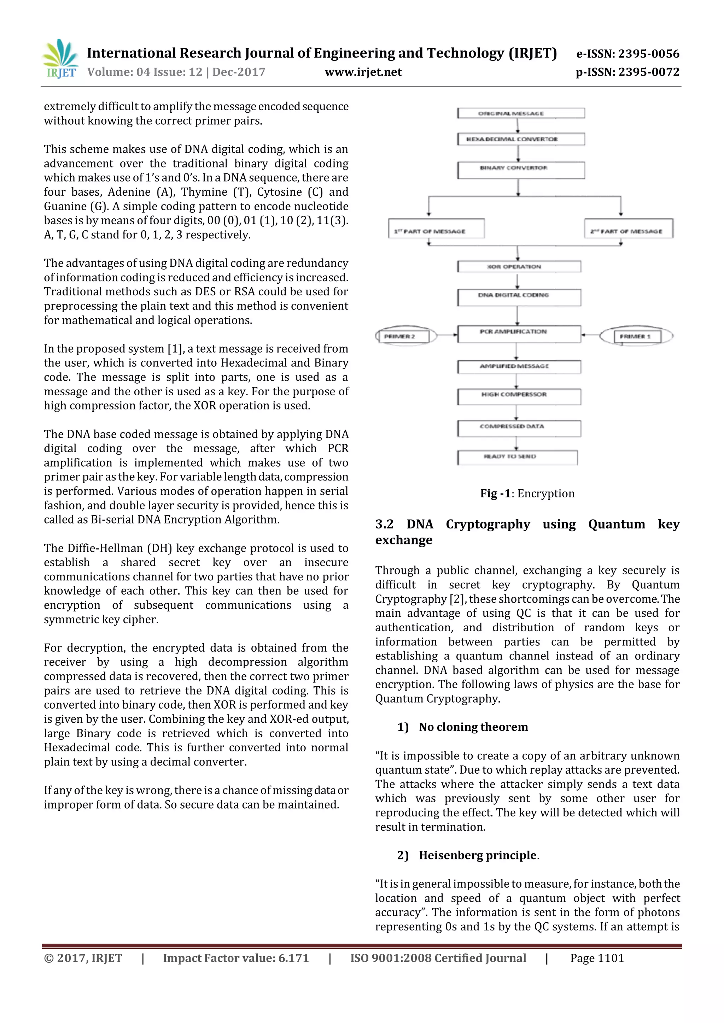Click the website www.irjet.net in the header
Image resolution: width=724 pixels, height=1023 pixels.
click(363, 72)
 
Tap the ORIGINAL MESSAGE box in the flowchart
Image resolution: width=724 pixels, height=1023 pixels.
click(521, 113)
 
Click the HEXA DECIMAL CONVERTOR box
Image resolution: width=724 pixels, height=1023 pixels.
click(521, 139)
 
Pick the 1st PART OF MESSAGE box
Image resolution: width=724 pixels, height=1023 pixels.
click(436, 229)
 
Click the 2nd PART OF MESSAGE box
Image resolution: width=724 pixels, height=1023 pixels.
click(629, 229)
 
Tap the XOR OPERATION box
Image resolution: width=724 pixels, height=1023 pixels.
click(519, 266)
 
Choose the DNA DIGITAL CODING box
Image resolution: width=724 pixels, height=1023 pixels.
click(519, 297)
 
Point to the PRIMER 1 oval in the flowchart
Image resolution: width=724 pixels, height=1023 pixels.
click(636, 336)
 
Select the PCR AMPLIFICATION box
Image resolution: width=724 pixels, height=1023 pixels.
click(519, 333)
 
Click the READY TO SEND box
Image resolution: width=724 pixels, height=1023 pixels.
click(517, 457)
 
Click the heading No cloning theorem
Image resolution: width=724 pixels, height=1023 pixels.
click(473, 727)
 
